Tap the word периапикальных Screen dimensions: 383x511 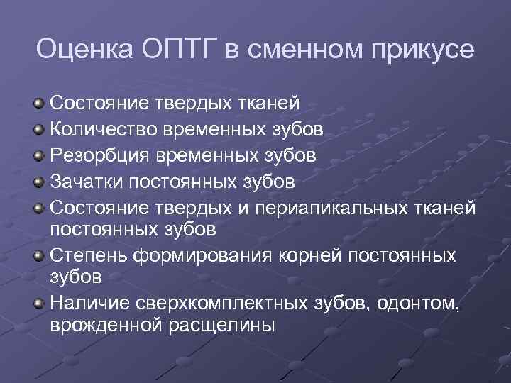(319, 206)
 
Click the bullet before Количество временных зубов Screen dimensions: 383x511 (39, 130)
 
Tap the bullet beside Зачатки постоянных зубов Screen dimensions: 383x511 (39, 181)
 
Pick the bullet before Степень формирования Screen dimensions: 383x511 (39, 256)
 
